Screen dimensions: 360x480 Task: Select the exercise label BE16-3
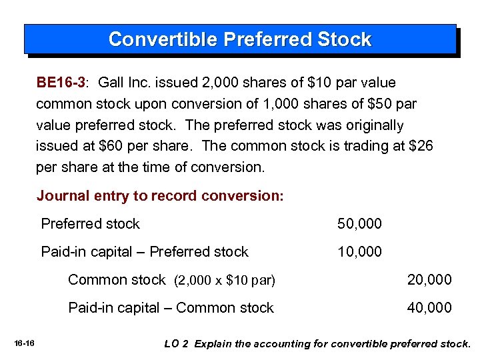[x=61, y=83]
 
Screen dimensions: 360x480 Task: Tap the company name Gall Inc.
[x=121, y=83]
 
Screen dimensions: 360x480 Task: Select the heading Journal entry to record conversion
[x=160, y=196]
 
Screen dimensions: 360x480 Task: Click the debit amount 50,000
[x=360, y=224]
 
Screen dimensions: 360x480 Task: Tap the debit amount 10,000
[x=360, y=252]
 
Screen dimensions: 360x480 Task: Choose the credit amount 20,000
[x=429, y=280]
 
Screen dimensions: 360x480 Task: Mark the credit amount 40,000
[x=429, y=308]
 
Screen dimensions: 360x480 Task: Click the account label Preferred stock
[x=91, y=224]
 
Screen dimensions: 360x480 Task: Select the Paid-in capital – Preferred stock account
[x=145, y=252]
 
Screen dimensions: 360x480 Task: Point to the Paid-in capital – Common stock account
[x=171, y=308]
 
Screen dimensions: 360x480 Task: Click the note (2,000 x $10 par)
[x=224, y=281]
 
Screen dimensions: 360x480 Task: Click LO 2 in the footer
[x=177, y=344]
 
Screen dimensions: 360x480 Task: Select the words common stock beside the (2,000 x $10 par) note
[x=117, y=280]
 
